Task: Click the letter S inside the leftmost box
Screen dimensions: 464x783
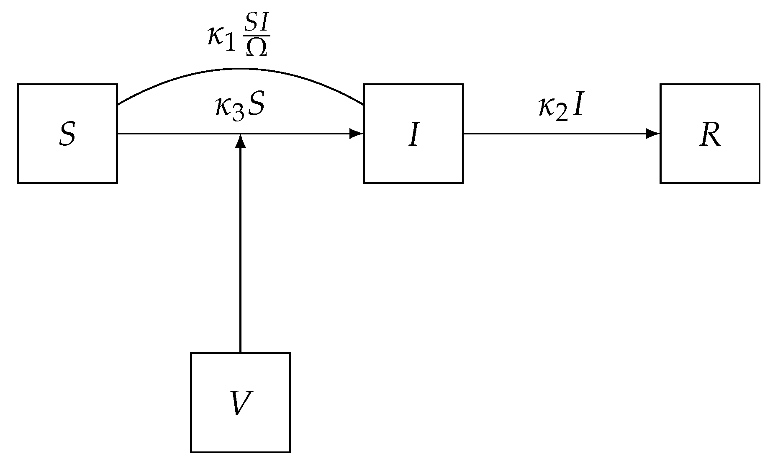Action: [67, 134]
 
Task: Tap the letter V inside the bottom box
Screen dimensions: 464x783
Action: [240, 403]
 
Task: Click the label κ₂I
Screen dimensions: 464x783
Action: [560, 108]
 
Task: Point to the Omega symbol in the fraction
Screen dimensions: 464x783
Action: [256, 49]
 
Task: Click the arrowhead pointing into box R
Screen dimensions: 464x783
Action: [653, 134]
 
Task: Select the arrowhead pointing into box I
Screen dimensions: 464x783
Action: [357, 134]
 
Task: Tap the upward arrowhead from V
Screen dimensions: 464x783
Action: [240, 141]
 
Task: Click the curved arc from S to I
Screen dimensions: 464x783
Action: [240, 69]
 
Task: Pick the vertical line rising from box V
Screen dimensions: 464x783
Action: [240, 251]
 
